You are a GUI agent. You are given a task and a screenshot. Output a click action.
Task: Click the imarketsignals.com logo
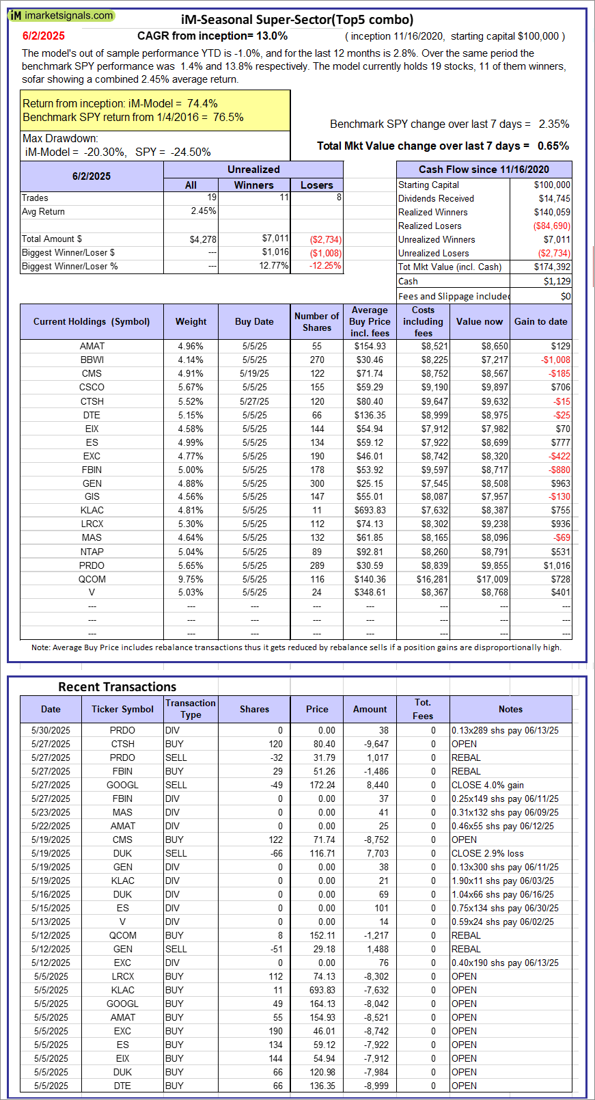click(61, 15)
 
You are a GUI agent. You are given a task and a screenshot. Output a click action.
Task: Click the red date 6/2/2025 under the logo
click(44, 36)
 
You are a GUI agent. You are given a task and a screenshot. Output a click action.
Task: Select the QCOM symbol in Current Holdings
click(92, 579)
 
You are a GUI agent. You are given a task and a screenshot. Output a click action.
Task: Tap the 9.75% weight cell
click(191, 579)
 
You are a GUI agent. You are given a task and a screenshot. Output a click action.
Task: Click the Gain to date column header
click(540, 321)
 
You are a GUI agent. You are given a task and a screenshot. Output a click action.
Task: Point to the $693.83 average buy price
click(370, 510)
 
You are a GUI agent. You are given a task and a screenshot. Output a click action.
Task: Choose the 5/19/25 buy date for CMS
click(254, 373)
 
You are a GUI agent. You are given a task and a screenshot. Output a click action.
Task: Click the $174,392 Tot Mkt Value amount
click(552, 267)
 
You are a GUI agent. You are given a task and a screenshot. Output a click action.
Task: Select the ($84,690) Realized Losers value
click(551, 226)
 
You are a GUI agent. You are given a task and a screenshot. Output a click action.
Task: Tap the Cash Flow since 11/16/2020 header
click(484, 170)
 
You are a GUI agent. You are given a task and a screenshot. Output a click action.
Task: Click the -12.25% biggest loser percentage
click(325, 266)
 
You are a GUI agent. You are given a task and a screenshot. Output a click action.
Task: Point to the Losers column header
click(317, 185)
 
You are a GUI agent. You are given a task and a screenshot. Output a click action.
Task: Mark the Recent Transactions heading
click(117, 686)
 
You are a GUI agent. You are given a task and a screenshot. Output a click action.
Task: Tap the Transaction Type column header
click(191, 708)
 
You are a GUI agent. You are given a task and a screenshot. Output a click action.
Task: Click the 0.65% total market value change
click(553, 146)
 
